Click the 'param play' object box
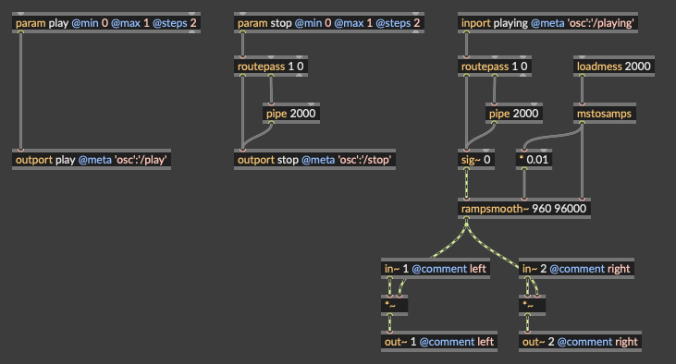coord(106,23)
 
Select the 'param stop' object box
coord(329,23)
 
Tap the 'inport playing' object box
coord(547,23)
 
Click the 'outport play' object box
coord(92,160)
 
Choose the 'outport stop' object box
coord(314,160)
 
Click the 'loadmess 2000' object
coord(614,67)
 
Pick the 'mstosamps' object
coord(605,114)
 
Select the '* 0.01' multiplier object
coord(534,160)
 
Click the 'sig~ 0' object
coord(476,160)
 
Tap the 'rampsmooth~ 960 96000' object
coord(524,209)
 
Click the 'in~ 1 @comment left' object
coord(436,268)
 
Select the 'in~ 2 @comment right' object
coord(576,268)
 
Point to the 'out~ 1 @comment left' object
coord(439,342)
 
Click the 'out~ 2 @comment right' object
coord(581,342)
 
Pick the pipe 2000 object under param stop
coord(291,114)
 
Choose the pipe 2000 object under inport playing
coord(514,114)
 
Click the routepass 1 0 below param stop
coord(271,67)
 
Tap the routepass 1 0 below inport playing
coord(495,67)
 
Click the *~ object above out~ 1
coord(394,305)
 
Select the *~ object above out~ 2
coord(532,305)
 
